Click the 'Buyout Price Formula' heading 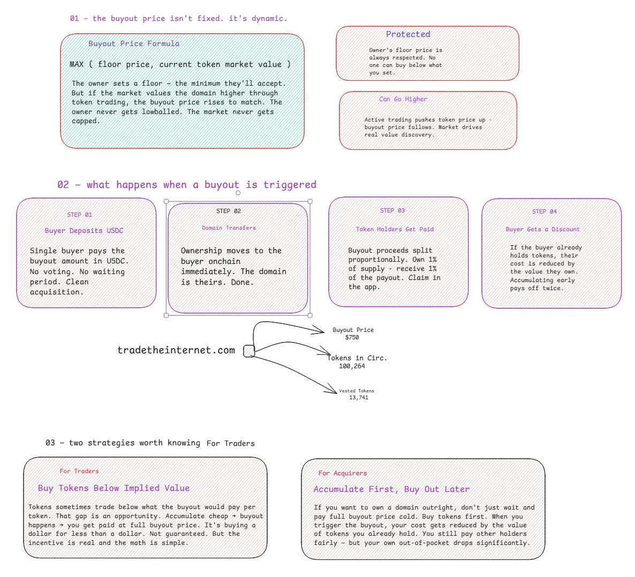click(x=134, y=44)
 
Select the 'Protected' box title click(x=408, y=34)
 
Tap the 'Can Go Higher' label click(x=403, y=99)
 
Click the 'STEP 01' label click(x=80, y=215)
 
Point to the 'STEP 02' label click(x=229, y=211)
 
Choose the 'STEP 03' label click(x=392, y=210)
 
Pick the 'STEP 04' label click(x=545, y=211)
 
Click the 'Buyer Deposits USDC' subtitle click(x=84, y=231)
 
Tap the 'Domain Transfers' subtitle click(x=229, y=228)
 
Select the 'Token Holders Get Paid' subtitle click(x=395, y=229)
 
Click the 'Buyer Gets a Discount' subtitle click(x=543, y=229)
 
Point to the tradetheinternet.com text click(x=176, y=350)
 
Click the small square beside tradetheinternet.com click(x=249, y=351)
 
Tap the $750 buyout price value click(x=352, y=338)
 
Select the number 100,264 click(x=352, y=367)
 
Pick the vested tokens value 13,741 click(x=359, y=398)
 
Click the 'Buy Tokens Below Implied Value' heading click(x=114, y=488)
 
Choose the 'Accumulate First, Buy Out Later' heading click(x=391, y=489)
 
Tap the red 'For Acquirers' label click(x=343, y=473)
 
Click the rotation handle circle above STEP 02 click(x=238, y=193)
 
